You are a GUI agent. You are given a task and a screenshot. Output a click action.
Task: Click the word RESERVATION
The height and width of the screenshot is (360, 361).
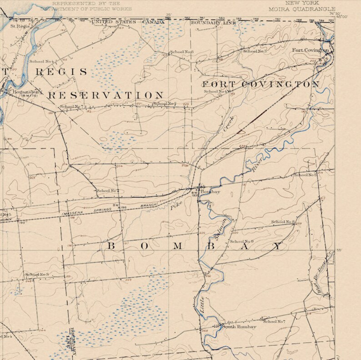coord(106,95)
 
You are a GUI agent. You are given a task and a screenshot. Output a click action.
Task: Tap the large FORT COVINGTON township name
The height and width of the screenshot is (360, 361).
coord(261,85)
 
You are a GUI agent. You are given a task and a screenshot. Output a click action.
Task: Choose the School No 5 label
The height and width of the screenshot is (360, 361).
coord(305,175)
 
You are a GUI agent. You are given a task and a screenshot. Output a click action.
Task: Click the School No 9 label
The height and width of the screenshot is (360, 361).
coord(242,241)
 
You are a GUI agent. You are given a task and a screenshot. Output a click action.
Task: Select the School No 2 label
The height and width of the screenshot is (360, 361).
coord(108,190)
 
